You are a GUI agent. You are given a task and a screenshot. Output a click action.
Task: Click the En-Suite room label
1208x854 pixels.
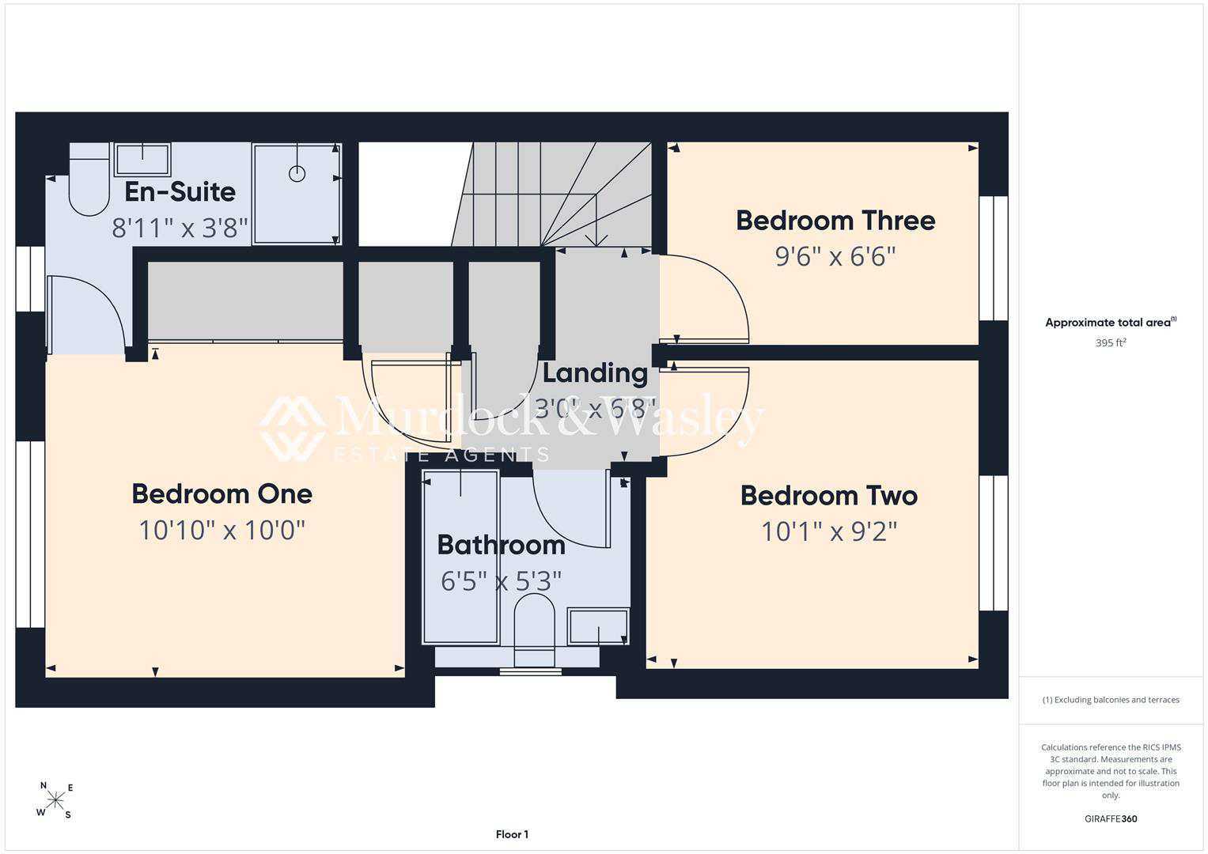pyautogui.click(x=180, y=192)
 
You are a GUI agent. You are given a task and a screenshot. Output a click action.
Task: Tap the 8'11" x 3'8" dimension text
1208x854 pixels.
pyautogui.click(x=180, y=228)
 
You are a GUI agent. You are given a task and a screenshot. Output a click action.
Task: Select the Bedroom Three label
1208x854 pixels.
pyautogui.click(x=835, y=221)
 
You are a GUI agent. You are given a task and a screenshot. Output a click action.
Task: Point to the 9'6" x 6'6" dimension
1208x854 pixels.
pyautogui.click(x=835, y=257)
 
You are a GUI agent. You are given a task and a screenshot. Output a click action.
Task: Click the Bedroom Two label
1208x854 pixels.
pyautogui.click(x=829, y=496)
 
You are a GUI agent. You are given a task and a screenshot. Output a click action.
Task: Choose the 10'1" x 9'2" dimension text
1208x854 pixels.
pyautogui.click(x=829, y=531)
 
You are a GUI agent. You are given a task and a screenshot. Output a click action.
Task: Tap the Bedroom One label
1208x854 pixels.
pyautogui.click(x=222, y=494)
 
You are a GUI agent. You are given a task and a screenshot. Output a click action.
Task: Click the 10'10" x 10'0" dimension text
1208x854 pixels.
pyautogui.click(x=222, y=530)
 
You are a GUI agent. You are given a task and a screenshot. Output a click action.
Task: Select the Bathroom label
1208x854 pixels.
pyautogui.click(x=501, y=545)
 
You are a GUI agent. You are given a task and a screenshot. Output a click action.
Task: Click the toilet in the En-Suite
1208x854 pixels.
pyautogui.click(x=89, y=179)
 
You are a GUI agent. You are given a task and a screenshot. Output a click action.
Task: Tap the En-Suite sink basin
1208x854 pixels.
pyautogui.click(x=142, y=159)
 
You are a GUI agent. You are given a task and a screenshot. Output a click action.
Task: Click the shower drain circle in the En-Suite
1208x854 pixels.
pyautogui.click(x=297, y=174)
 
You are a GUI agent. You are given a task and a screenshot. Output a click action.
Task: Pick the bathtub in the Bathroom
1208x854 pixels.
pyautogui.click(x=460, y=557)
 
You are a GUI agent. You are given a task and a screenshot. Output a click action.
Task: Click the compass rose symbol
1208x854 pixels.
pyautogui.click(x=55, y=799)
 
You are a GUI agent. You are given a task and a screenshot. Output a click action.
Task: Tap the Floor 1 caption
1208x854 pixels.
pyautogui.click(x=512, y=834)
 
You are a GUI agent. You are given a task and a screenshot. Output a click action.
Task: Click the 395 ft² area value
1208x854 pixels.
pyautogui.click(x=1111, y=342)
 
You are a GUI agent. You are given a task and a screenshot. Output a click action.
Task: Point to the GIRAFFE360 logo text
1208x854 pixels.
pyautogui.click(x=1111, y=818)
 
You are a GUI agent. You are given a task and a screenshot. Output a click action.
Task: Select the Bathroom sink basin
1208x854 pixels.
pyautogui.click(x=598, y=626)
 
